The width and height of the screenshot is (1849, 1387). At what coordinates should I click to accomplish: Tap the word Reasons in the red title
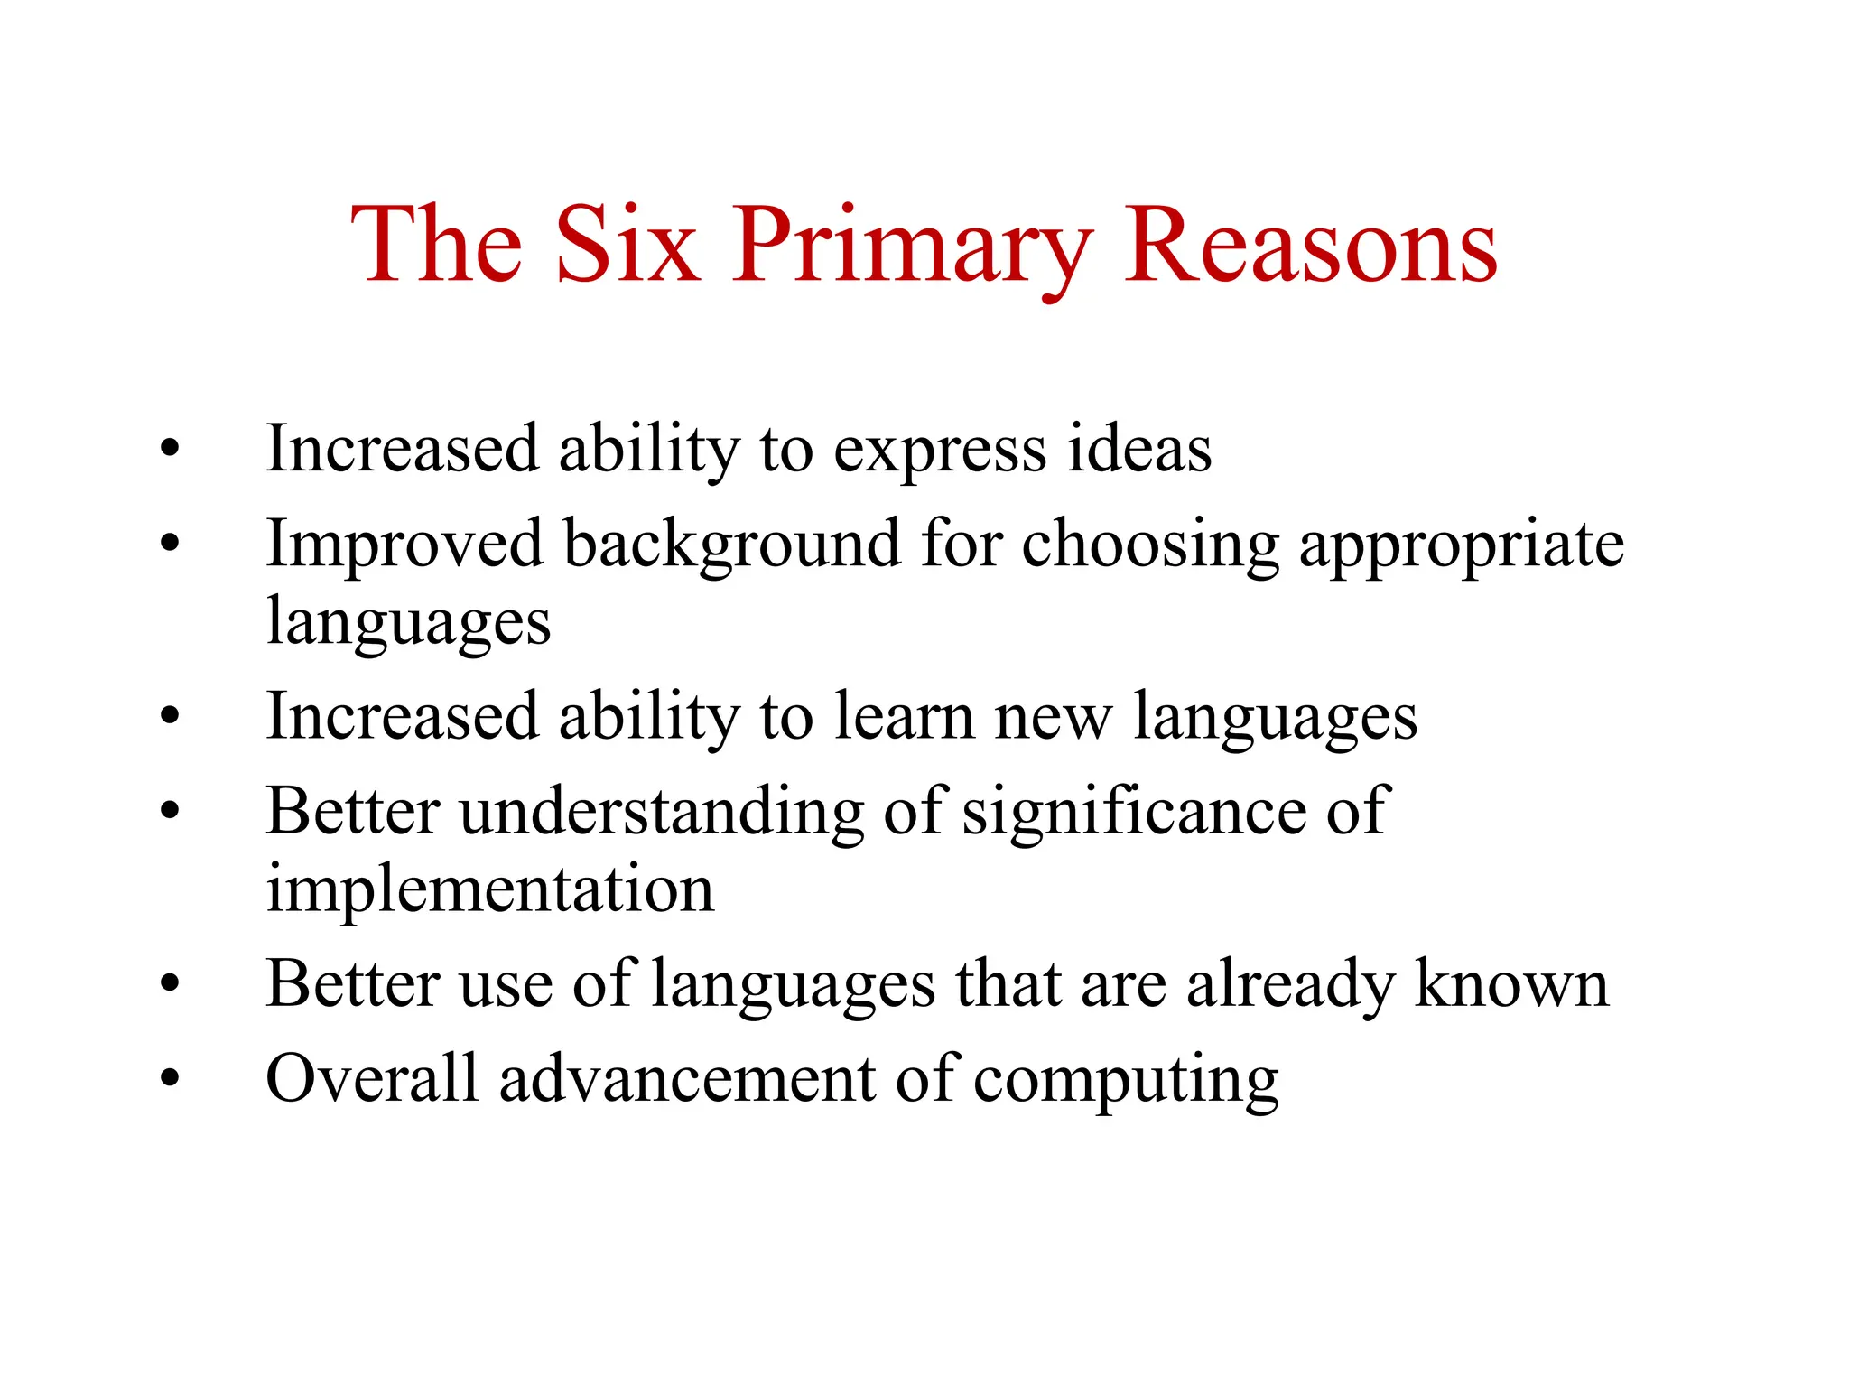[1310, 246]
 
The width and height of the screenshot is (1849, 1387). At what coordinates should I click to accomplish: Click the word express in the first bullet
[939, 451]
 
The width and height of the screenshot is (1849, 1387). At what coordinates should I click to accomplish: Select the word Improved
[404, 545]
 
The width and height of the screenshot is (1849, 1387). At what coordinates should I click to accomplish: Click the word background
[732, 545]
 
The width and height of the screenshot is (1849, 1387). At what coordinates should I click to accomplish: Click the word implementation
[490, 889]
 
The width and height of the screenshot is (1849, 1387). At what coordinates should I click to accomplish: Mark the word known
[1511, 983]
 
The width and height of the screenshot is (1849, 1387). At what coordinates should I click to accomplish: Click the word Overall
[371, 1078]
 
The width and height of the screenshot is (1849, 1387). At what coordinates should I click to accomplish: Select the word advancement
[687, 1078]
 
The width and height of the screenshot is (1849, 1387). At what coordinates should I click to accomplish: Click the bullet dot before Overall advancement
[170, 1078]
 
